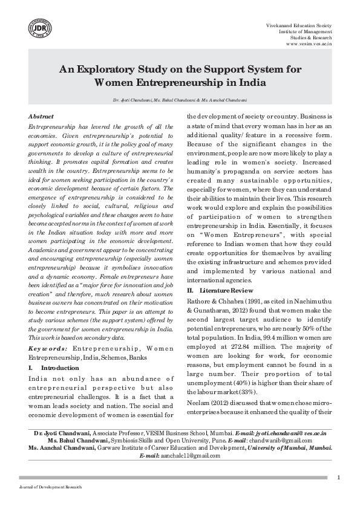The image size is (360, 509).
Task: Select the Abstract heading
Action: (41, 116)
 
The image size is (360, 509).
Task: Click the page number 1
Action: (338, 478)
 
